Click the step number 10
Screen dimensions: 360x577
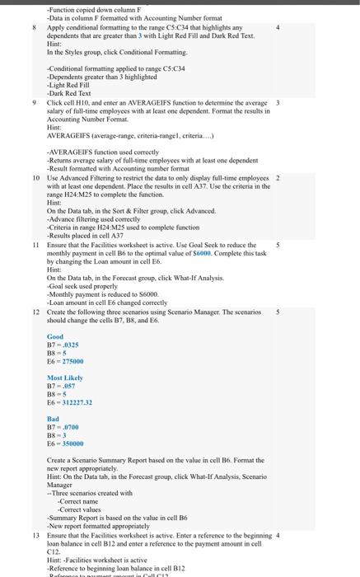(x=35, y=177)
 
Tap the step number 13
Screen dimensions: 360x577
(x=35, y=536)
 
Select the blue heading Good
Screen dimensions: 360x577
(x=55, y=337)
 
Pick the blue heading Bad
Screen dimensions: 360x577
(x=53, y=419)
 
